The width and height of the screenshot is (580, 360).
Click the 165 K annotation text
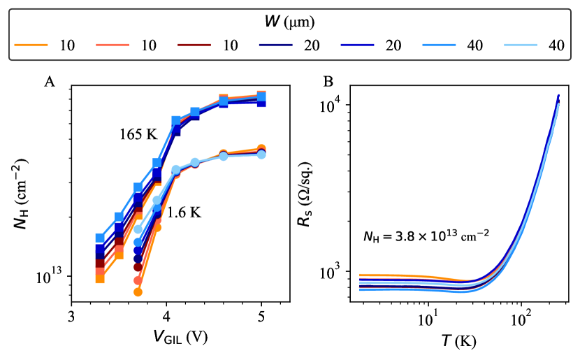(x=138, y=134)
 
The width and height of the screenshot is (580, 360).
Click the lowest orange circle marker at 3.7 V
(x=138, y=292)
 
